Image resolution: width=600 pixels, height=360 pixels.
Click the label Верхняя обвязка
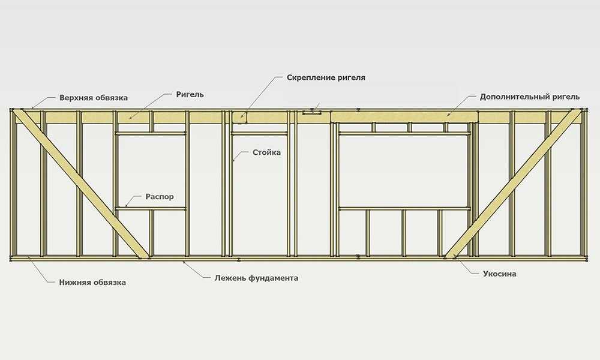click(94, 98)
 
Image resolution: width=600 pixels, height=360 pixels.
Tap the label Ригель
click(190, 94)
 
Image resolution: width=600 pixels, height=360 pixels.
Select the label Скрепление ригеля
click(326, 77)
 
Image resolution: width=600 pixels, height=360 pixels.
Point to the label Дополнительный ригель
click(530, 97)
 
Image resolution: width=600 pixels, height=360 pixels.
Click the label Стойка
click(267, 152)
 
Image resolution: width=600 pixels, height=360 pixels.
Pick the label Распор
click(160, 197)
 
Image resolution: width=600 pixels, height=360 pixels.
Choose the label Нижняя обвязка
click(92, 283)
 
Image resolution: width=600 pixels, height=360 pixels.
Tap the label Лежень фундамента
click(256, 278)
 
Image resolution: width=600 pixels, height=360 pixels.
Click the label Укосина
click(499, 274)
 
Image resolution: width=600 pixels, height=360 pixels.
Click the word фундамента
click(273, 278)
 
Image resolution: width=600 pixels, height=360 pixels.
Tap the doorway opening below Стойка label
click(260, 195)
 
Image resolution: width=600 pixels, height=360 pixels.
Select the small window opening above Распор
click(151, 171)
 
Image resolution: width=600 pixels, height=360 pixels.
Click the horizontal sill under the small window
click(151, 209)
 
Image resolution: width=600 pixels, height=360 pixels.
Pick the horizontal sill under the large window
click(404, 209)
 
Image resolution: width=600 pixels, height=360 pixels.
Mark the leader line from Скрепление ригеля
click(260, 95)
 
